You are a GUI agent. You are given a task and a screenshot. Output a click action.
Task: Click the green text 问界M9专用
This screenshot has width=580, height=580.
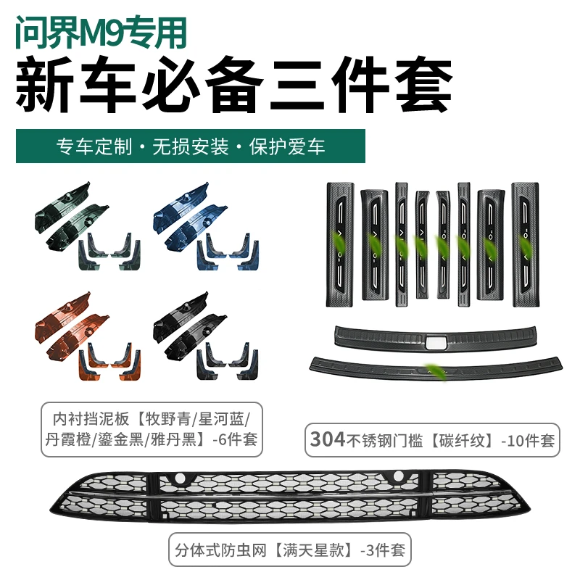click(x=101, y=33)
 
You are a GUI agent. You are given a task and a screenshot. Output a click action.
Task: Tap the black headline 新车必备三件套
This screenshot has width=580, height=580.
click(x=234, y=85)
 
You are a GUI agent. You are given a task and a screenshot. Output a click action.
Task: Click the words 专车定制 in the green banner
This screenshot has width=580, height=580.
click(x=94, y=146)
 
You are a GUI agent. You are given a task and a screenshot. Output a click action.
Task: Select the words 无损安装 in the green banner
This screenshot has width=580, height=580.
click(x=191, y=146)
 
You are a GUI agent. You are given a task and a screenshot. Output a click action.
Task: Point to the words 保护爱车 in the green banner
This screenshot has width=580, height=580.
click(x=287, y=146)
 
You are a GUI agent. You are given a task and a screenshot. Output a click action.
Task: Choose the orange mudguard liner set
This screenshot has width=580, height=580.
click(x=88, y=336)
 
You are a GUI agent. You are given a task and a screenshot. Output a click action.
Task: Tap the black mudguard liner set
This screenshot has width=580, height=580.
click(x=206, y=336)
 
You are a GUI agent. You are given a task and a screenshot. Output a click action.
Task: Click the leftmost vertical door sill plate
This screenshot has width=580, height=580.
click(x=339, y=244)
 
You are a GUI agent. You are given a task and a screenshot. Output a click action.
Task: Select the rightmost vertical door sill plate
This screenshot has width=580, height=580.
click(x=525, y=244)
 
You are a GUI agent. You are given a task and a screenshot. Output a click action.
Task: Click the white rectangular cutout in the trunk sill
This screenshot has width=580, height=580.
click(x=437, y=343)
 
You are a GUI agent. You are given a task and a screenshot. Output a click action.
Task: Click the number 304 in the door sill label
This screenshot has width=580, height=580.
click(x=328, y=439)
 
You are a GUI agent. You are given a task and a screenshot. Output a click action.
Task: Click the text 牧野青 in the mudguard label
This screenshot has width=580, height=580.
click(x=167, y=419)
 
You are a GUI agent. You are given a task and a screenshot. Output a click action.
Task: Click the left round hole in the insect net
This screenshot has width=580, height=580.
click(x=180, y=478)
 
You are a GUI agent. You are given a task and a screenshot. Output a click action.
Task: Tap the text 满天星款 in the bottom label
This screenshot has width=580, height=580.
click(x=313, y=550)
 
